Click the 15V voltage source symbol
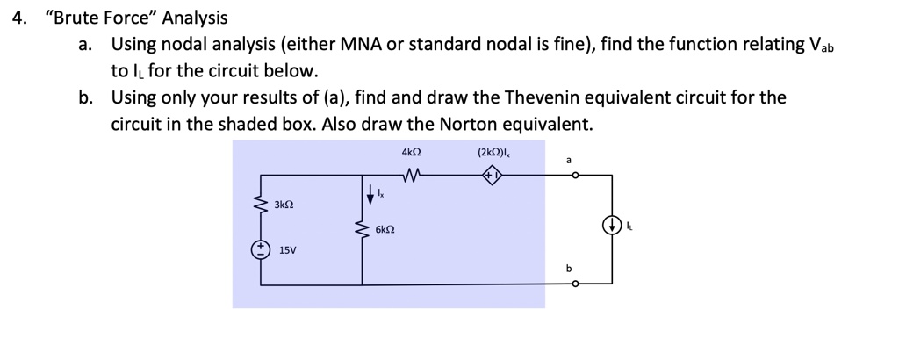[261, 249]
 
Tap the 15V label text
[287, 250]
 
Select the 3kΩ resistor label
[283, 205]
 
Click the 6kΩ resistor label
[385, 230]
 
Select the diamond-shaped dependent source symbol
[493, 175]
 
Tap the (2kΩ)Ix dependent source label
[498, 154]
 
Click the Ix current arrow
[370, 191]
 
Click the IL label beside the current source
[629, 226]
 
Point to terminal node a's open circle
[575, 175]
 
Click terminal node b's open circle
[575, 284]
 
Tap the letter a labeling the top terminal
[569, 160]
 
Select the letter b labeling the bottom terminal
[569, 268]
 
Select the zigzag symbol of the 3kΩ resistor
[261, 206]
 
